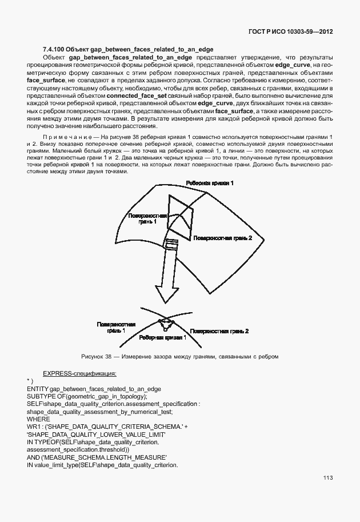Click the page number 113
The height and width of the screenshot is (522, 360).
tap(327, 478)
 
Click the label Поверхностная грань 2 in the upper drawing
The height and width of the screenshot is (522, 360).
tap(222, 237)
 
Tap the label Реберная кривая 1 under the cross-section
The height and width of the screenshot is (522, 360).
tap(163, 338)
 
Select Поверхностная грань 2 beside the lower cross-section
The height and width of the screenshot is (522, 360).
tap(219, 331)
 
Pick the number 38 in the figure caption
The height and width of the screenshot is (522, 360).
tap(107, 357)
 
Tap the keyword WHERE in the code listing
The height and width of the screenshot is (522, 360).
tap(38, 419)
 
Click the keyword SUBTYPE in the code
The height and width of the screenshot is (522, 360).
tap(41, 396)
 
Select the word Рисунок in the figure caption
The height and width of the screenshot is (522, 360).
tap(93, 357)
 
